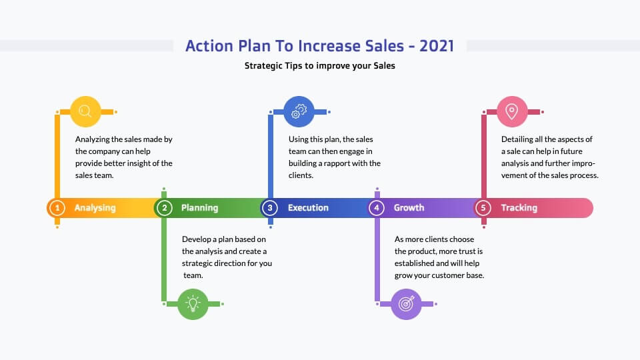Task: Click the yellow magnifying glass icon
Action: (x=85, y=111)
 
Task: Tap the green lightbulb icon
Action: (x=193, y=304)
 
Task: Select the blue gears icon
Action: (x=299, y=111)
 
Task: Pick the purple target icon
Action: (x=406, y=304)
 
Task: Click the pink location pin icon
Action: (x=512, y=111)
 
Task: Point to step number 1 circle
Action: (x=57, y=208)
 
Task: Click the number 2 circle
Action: (x=164, y=208)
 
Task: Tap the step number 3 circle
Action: (x=270, y=208)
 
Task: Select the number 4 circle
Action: (x=376, y=208)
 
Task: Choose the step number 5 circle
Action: (x=483, y=208)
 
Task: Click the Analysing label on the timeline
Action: (x=95, y=208)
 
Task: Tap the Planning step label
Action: (x=199, y=208)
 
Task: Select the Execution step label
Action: (x=308, y=208)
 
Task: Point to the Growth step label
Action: (x=409, y=208)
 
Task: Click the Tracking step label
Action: (x=519, y=208)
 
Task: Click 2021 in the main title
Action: (x=437, y=46)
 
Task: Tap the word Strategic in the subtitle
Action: (x=261, y=66)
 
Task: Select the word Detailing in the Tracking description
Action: (x=517, y=139)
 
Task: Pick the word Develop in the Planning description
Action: (x=196, y=239)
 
